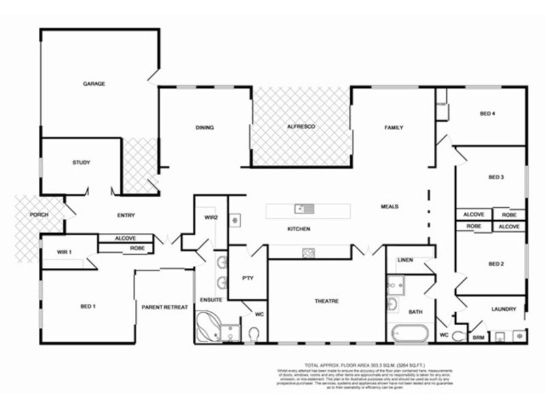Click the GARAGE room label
[94, 84]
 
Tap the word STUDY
[81, 163]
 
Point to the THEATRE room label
[326, 301]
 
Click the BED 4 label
[487, 114]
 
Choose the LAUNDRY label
[503, 309]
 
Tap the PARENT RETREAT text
[164, 307]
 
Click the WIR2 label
[211, 218]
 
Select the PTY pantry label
[247, 277]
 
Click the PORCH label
[39, 215]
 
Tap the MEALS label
[390, 207]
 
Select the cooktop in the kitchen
[309, 253]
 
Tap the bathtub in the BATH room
[409, 334]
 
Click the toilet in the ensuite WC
[255, 334]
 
